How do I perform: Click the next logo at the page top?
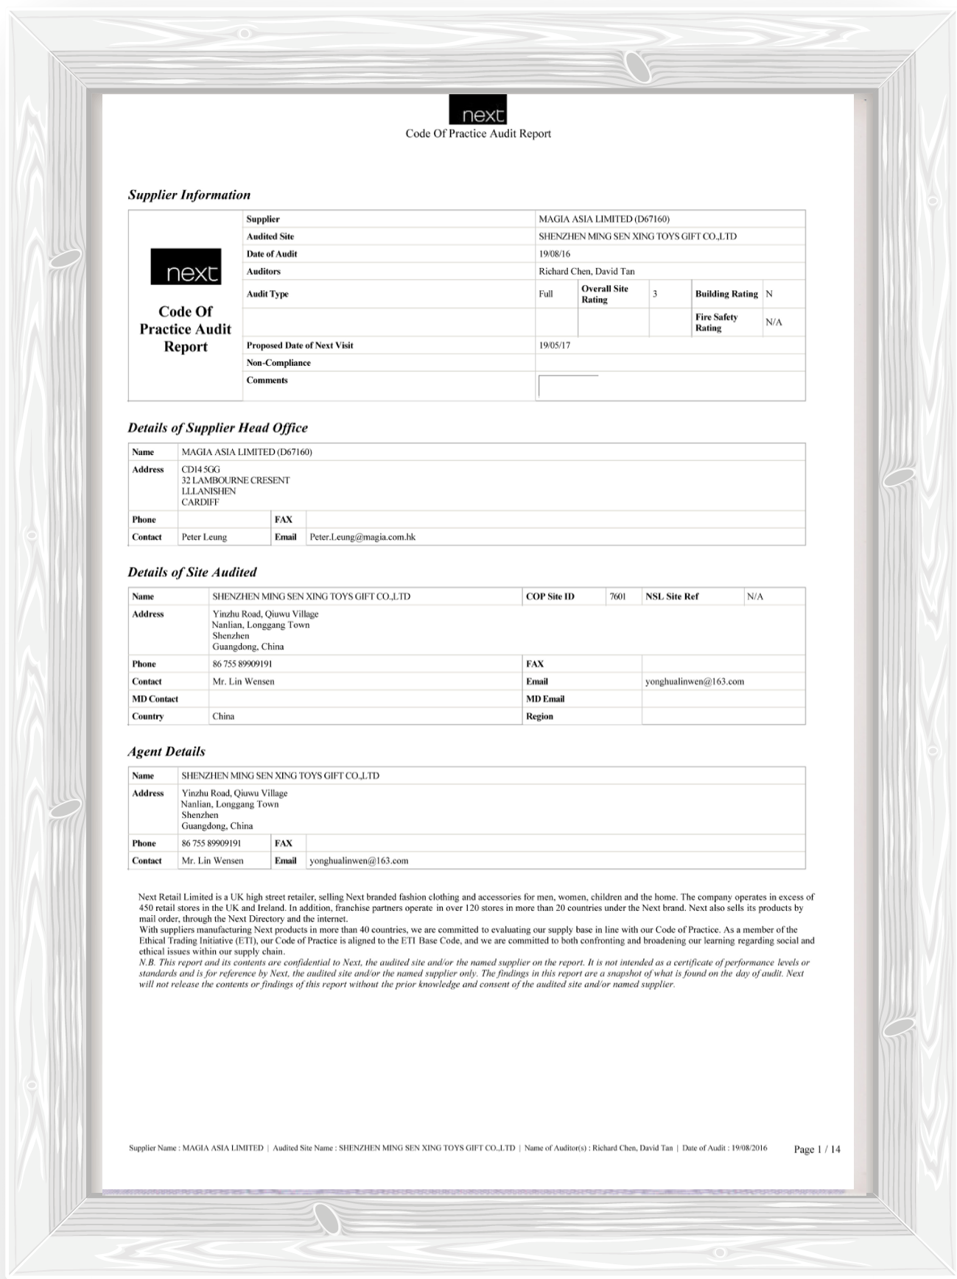pyautogui.click(x=477, y=110)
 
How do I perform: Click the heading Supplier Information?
pyautogui.click(x=189, y=195)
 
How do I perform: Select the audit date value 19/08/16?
pyautogui.click(x=555, y=254)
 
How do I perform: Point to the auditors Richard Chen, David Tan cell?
pyautogui.click(x=586, y=272)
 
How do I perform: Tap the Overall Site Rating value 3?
pyautogui.click(x=655, y=294)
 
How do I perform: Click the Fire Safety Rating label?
pyautogui.click(x=716, y=323)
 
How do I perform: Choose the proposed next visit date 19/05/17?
pyautogui.click(x=555, y=345)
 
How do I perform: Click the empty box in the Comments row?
pyautogui.click(x=568, y=386)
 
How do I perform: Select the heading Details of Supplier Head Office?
pyautogui.click(x=217, y=428)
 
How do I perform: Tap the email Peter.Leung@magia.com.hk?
pyautogui.click(x=362, y=538)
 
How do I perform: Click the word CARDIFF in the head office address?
pyautogui.click(x=200, y=502)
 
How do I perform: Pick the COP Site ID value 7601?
pyautogui.click(x=617, y=596)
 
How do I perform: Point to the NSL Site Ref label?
pyautogui.click(x=672, y=596)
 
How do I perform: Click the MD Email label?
pyautogui.click(x=545, y=699)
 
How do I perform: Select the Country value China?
pyautogui.click(x=223, y=716)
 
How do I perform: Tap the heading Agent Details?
pyautogui.click(x=166, y=752)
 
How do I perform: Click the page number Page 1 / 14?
pyautogui.click(x=817, y=1149)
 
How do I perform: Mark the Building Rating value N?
pyautogui.click(x=769, y=294)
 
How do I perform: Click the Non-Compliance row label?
pyautogui.click(x=278, y=363)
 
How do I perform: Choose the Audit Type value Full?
pyautogui.click(x=546, y=294)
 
